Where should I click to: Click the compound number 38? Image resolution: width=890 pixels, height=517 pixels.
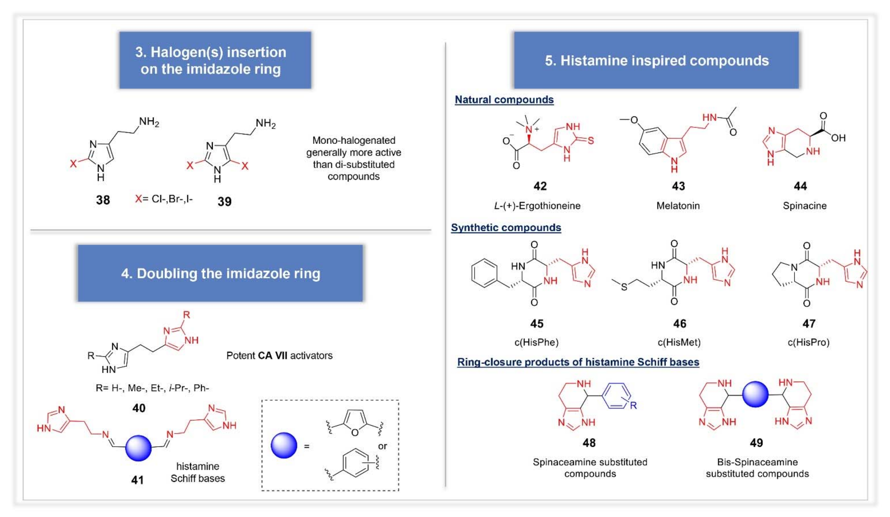(103, 200)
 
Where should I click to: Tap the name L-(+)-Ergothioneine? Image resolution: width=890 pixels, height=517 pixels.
(537, 206)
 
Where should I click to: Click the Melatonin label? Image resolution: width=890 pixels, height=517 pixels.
(678, 206)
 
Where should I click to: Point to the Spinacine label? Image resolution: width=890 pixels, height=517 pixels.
(804, 206)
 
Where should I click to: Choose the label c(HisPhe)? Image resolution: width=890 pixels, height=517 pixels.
(536, 342)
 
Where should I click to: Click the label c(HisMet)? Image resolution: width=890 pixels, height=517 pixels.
(679, 342)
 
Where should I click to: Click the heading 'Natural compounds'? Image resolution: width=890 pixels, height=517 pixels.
(504, 100)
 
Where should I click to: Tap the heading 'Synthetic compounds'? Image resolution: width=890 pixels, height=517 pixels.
(506, 228)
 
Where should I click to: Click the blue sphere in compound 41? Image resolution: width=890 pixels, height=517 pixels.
(138, 448)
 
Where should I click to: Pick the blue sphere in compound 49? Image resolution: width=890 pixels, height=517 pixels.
(755, 394)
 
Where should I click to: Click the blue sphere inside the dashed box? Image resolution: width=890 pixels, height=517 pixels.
(284, 445)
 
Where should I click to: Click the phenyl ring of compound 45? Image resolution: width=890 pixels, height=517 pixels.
(484, 272)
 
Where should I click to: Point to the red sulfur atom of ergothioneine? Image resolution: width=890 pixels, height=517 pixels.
(591, 141)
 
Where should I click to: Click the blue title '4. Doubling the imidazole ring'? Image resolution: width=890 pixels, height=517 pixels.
(220, 273)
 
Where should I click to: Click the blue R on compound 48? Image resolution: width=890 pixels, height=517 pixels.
(633, 405)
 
